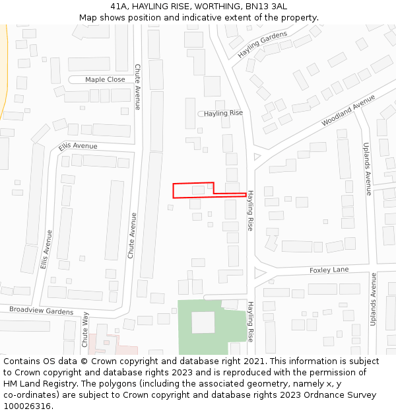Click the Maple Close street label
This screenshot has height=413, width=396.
(105, 80)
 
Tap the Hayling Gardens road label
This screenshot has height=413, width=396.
(263, 43)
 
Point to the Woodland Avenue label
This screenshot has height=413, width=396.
(348, 110)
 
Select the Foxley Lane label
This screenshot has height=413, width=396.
(329, 270)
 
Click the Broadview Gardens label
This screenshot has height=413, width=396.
(41, 311)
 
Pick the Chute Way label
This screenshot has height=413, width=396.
(84, 330)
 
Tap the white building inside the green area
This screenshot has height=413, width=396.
(203, 322)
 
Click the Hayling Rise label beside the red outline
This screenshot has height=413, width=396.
(251, 211)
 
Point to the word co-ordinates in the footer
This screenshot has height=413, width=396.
(28, 395)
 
